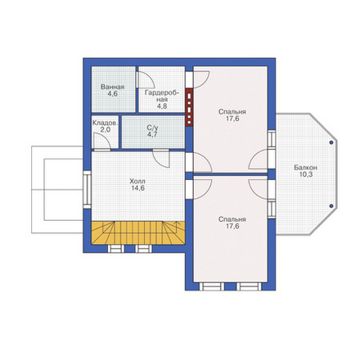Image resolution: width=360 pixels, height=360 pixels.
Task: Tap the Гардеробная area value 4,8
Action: click(162, 106)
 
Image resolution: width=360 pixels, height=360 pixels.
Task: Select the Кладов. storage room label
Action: click(106, 123)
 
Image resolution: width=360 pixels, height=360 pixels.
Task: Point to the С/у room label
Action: click(152, 128)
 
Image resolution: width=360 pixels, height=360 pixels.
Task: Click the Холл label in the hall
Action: click(137, 181)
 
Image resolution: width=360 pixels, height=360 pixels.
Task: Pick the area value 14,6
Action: click(138, 188)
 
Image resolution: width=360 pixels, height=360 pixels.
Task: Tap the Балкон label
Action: click(305, 168)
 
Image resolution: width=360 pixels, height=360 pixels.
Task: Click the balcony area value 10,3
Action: click(306, 174)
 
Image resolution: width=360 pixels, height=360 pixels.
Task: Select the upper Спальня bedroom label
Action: click(232, 112)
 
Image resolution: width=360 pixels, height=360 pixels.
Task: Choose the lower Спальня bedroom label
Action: click(232, 219)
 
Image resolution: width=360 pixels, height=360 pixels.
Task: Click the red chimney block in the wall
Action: click(189, 107)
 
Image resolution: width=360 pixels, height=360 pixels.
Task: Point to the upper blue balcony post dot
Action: click(331, 142)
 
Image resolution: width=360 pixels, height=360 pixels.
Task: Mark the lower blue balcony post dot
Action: click(331, 206)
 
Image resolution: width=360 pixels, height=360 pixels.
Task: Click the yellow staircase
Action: click(138, 233)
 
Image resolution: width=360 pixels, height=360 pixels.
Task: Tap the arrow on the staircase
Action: click(177, 227)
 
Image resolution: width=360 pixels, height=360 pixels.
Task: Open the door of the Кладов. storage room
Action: click(102, 142)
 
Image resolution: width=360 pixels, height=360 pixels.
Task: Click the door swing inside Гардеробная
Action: click(146, 79)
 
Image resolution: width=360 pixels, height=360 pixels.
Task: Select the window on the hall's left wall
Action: click(87, 190)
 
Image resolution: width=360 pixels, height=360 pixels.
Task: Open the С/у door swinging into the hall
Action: click(161, 159)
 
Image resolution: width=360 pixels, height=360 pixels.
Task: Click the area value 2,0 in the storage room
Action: click(105, 129)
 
